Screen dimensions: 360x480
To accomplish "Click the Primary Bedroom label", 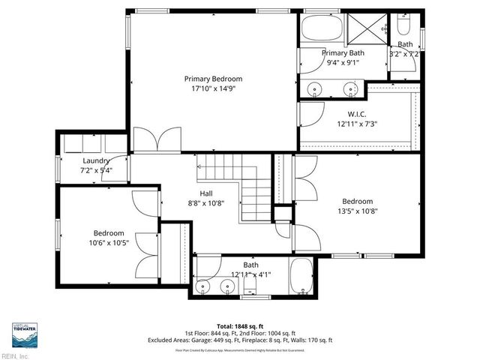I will [x=214, y=78].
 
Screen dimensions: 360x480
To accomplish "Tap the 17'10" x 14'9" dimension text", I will [x=214, y=88].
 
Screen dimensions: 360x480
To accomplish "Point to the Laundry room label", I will [x=96, y=160].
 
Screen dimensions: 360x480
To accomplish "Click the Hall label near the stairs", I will [x=205, y=193].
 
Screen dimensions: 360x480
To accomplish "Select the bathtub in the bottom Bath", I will [x=304, y=277].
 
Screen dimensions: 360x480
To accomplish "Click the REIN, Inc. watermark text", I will [x=15, y=356].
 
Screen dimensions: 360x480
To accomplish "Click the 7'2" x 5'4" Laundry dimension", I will [x=96, y=170].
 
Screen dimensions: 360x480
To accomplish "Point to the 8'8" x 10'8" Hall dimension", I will [x=205, y=202].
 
